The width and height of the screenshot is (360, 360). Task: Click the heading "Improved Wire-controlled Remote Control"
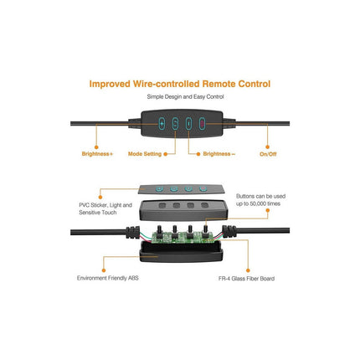click(x=180, y=84)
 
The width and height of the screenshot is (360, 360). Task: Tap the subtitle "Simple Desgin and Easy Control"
click(x=185, y=96)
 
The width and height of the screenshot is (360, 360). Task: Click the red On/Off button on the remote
click(x=202, y=123)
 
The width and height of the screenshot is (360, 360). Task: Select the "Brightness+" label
click(x=97, y=154)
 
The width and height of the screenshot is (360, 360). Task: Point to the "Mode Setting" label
click(x=145, y=154)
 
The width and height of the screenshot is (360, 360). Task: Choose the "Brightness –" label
click(x=219, y=154)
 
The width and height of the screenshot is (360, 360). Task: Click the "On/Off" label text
click(x=268, y=154)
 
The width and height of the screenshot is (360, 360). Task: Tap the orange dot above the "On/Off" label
click(x=267, y=147)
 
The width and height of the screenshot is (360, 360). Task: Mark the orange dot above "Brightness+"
click(x=96, y=147)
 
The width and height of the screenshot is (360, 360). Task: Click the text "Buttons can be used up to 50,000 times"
click(x=260, y=200)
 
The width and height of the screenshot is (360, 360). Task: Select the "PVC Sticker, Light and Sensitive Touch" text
click(x=105, y=208)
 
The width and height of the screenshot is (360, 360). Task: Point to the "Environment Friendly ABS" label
click(x=108, y=278)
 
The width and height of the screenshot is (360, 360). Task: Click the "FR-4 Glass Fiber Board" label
click(x=246, y=278)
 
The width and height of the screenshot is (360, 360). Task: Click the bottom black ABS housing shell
click(x=181, y=252)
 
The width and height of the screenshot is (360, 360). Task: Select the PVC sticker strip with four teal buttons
click(x=182, y=189)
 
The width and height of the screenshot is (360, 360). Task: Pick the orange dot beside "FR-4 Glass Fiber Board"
click(x=248, y=270)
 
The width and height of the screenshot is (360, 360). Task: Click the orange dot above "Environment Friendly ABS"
click(x=104, y=270)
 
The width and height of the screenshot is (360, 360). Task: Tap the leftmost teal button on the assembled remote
click(x=162, y=123)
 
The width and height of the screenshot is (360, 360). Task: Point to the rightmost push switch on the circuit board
click(x=206, y=232)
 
